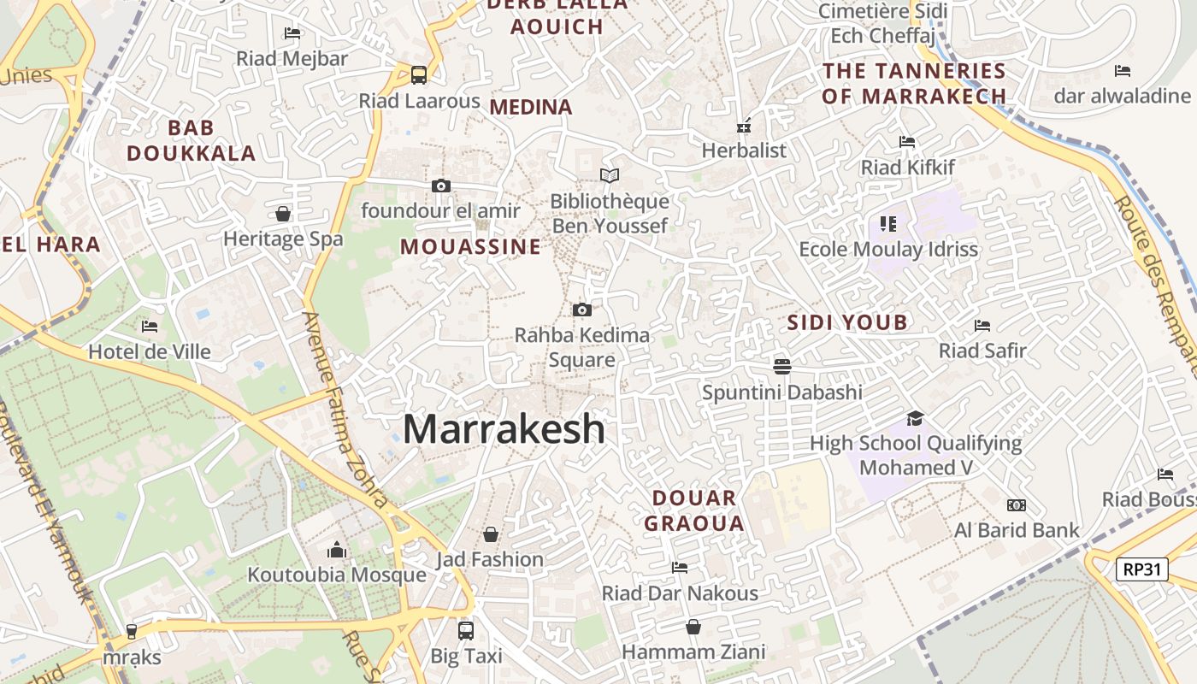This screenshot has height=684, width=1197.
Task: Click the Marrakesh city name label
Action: [x=504, y=428]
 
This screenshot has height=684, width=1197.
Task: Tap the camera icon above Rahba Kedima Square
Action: [x=582, y=310]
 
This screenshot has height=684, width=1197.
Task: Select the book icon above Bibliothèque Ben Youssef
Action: [x=609, y=175]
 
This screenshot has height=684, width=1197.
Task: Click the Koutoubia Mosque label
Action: [x=337, y=575]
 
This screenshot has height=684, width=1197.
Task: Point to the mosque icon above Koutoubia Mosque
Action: [x=337, y=550]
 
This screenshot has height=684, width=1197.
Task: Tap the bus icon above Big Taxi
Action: [x=466, y=631]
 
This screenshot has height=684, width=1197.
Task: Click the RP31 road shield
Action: [x=1141, y=569]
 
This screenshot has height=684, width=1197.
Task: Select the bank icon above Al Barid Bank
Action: [x=1017, y=505]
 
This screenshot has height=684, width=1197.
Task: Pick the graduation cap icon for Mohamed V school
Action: [x=916, y=418]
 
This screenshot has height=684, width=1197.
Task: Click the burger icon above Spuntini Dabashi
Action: [x=781, y=367]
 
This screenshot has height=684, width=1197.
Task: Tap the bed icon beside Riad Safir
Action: [x=982, y=325]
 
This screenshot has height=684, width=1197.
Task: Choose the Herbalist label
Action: [x=744, y=150]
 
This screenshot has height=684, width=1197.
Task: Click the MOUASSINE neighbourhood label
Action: [x=470, y=247]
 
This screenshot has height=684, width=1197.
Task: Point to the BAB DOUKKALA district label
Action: [x=192, y=140]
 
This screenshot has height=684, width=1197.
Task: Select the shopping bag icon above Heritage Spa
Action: [x=283, y=214]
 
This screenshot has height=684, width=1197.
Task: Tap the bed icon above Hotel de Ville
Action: [x=150, y=326]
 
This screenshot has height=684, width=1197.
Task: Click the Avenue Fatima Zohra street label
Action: [x=347, y=410]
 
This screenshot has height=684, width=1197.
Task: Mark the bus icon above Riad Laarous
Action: [x=419, y=75]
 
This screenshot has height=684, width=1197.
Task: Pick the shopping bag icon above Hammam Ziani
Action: [x=693, y=627]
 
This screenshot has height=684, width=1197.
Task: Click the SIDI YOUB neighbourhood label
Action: [x=846, y=322]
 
